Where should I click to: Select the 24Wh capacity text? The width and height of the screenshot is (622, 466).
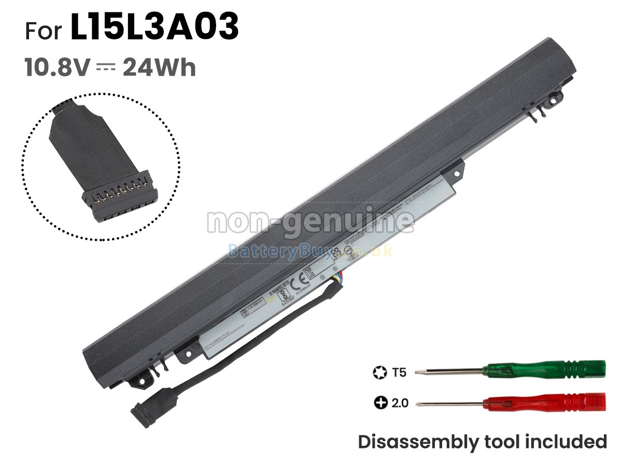click(159, 68)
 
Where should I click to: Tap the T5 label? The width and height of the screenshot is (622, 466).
click(399, 372)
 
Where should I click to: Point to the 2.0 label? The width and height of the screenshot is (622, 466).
click(400, 402)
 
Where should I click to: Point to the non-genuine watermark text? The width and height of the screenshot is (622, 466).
click(310, 222)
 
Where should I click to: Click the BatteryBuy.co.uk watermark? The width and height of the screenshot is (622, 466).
click(310, 252)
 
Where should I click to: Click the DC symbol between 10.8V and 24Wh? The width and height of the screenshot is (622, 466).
click(106, 68)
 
